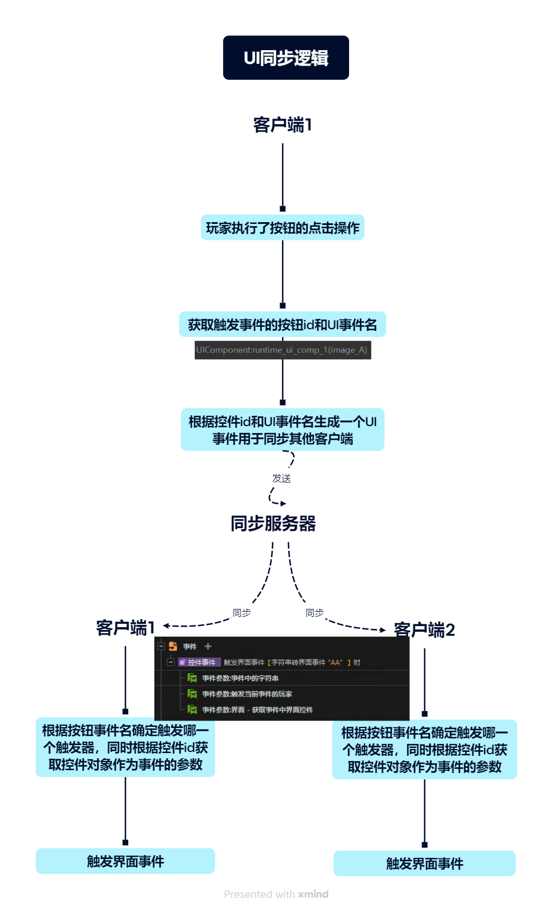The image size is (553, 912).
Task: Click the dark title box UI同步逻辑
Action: click(286, 58)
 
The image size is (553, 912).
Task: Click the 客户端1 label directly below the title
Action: click(282, 124)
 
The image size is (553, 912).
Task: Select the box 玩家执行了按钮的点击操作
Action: click(282, 228)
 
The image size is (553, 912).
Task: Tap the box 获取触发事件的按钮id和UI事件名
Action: click(282, 325)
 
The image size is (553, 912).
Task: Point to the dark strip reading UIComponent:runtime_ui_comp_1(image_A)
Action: click(282, 350)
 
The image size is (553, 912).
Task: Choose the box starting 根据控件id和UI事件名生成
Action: click(282, 430)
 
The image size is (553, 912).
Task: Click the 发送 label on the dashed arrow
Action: click(281, 478)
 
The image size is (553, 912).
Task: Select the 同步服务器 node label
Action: click(273, 524)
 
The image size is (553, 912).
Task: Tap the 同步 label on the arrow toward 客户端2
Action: click(314, 612)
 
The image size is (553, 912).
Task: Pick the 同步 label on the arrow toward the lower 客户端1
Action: click(241, 612)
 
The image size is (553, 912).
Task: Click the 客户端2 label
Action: click(424, 629)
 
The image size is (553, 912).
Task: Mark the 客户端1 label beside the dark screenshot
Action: click(125, 627)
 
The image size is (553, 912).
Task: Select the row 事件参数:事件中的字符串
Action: click(240, 678)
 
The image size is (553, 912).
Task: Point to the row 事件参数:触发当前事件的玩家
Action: click(247, 694)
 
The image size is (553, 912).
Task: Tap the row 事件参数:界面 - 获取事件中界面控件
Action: click(257, 710)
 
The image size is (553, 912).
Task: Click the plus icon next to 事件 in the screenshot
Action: click(208, 647)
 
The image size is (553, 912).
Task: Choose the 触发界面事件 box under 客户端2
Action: click(424, 864)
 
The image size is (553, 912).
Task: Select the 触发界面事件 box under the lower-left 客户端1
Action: click(125, 861)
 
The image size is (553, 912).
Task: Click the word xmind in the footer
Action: click(313, 894)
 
